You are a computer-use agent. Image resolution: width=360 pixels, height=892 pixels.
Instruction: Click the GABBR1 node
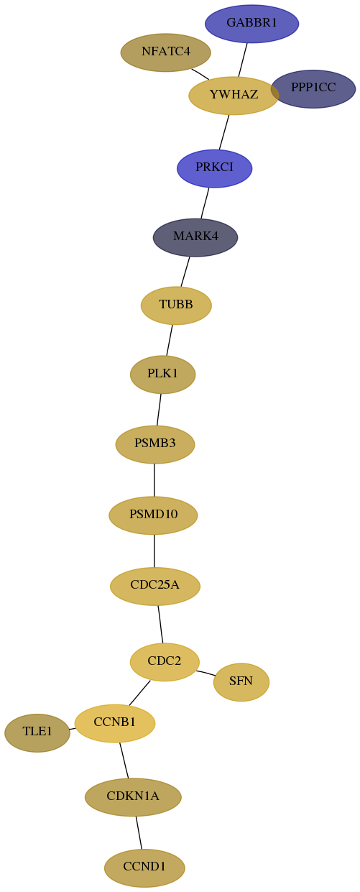click(251, 24)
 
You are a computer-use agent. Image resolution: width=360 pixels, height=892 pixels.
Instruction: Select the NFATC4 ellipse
click(166, 52)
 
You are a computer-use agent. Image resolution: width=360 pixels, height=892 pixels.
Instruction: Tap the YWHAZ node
click(234, 95)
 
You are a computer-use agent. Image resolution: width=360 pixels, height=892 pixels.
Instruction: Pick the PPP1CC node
click(313, 89)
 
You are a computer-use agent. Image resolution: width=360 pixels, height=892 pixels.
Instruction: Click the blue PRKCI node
click(214, 168)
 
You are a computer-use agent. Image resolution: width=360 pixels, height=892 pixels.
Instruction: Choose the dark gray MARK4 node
click(195, 237)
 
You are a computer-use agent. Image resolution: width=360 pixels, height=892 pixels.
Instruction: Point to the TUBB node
click(176, 305)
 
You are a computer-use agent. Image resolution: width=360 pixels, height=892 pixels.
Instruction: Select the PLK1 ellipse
click(163, 374)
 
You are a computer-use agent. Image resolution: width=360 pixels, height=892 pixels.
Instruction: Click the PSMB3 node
click(155, 444)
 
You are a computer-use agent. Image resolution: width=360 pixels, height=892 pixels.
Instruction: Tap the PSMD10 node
click(153, 515)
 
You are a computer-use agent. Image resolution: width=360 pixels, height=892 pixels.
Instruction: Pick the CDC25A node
click(155, 586)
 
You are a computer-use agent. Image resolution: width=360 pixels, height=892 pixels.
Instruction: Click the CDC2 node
click(165, 662)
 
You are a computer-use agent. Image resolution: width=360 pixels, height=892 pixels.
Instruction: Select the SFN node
click(241, 682)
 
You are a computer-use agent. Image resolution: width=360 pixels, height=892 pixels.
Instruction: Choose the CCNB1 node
click(115, 723)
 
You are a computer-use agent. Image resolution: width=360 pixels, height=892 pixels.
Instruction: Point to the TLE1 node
click(37, 732)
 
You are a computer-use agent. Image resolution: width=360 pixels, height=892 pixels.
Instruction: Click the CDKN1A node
click(133, 797)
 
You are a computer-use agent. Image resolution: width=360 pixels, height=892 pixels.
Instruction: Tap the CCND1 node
click(144, 868)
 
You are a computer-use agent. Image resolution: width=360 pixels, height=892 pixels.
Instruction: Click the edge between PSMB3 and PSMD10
click(154, 480)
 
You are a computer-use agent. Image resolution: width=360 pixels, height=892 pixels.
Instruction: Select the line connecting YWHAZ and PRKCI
click(224, 132)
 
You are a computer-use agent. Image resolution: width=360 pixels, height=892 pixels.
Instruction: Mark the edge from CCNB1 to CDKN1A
click(124, 760)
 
